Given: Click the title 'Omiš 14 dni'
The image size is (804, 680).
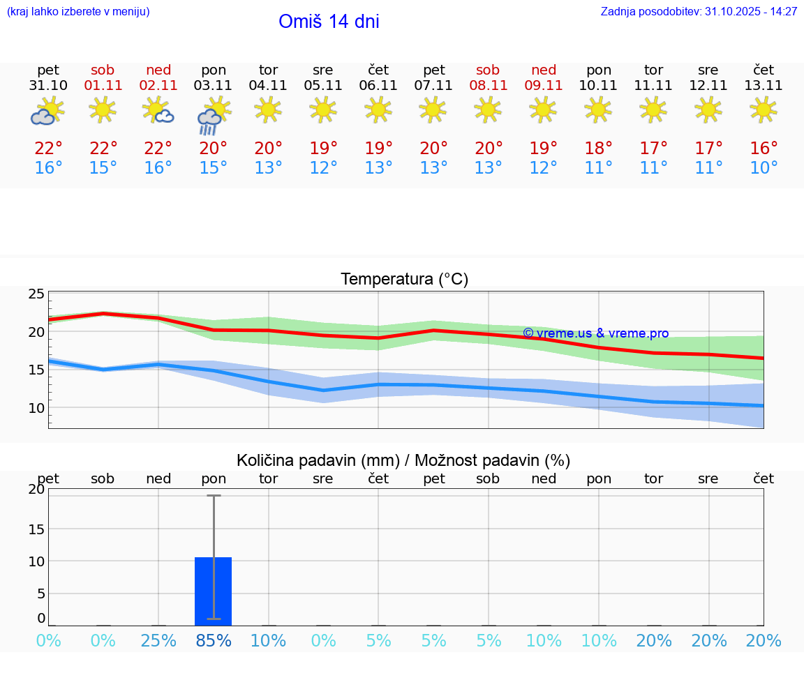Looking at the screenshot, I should click(329, 22).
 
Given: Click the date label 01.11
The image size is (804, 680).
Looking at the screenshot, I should click(103, 86).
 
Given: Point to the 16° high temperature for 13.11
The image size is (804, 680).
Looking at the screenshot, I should click(764, 149).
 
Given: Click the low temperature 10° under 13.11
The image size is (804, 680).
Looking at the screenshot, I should click(764, 168).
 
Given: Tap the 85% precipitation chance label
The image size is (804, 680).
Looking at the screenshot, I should click(213, 641).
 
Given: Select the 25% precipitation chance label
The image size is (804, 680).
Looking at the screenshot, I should click(158, 641).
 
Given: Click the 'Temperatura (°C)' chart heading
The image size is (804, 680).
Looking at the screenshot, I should click(404, 280).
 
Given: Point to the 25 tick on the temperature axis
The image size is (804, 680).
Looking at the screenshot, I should click(36, 294).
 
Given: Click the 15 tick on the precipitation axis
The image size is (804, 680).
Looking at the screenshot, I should click(36, 529).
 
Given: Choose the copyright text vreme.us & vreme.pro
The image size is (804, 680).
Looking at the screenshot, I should click(595, 333).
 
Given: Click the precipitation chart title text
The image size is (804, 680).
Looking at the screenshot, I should click(403, 460).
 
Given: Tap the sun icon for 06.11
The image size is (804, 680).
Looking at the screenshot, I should click(378, 109).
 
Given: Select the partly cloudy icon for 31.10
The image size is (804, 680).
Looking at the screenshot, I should click(47, 112).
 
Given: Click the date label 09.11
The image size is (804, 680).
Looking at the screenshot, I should click(544, 86).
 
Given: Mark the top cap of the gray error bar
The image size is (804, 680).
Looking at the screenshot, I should click(213, 496).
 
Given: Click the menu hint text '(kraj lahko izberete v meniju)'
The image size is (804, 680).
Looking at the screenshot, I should click(78, 12).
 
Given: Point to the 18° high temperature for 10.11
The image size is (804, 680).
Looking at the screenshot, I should click(598, 149).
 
